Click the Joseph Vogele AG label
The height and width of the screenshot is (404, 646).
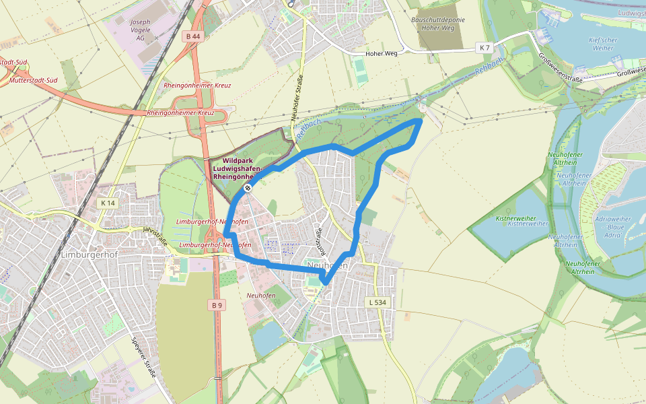pyautogui.click(x=140, y=30)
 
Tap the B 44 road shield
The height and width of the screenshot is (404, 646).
pyautogui.click(x=192, y=36)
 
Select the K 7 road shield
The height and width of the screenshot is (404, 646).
pyautogui.click(x=484, y=47)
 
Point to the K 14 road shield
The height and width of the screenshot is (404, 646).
pyautogui.click(x=107, y=203)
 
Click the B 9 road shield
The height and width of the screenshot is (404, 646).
pyautogui.click(x=216, y=305)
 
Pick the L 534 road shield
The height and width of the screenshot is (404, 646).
pyautogui.click(x=377, y=303)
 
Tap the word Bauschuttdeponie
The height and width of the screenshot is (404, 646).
pyautogui.click(x=437, y=20)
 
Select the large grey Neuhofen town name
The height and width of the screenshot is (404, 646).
pyautogui.click(x=328, y=265)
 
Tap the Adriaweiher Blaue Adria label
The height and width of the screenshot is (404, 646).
pyautogui.click(x=613, y=227)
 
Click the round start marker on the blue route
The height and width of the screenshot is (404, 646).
pyautogui.click(x=248, y=188)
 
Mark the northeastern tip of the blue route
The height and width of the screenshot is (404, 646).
pyautogui.click(x=421, y=121)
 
